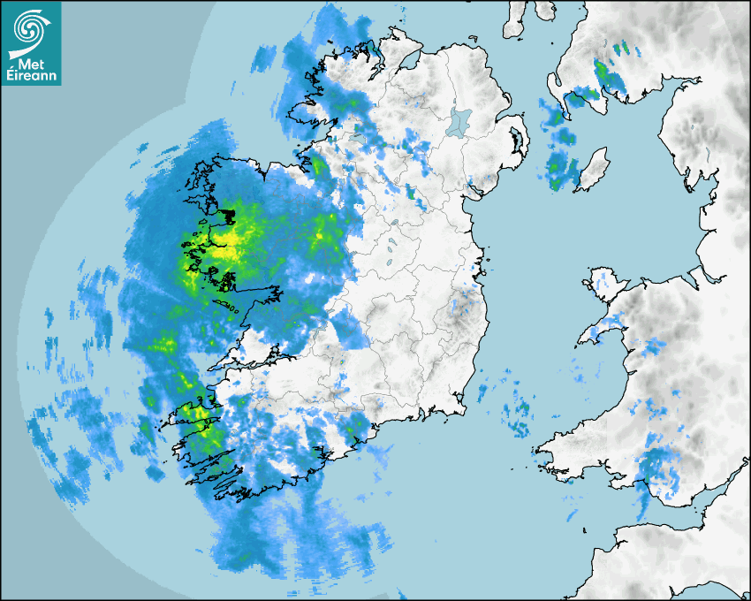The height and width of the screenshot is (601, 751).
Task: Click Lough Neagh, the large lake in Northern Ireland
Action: [459, 122]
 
